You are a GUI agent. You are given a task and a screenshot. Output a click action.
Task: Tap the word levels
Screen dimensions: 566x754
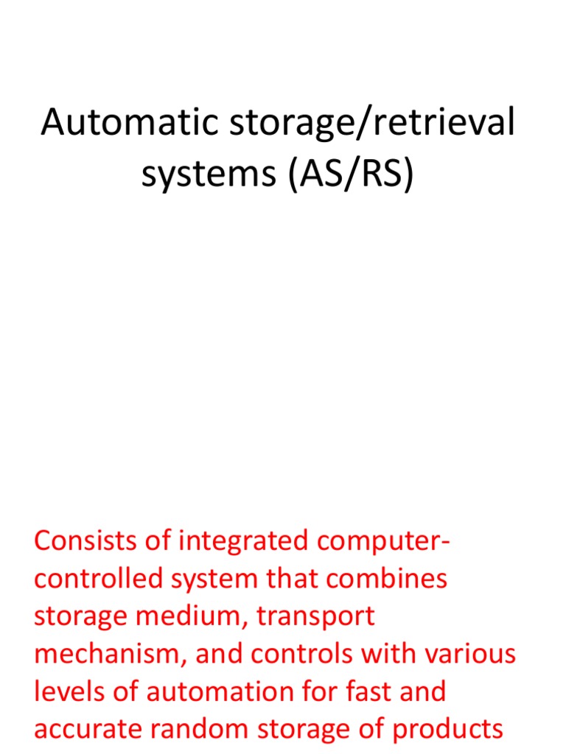coord(67,691)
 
